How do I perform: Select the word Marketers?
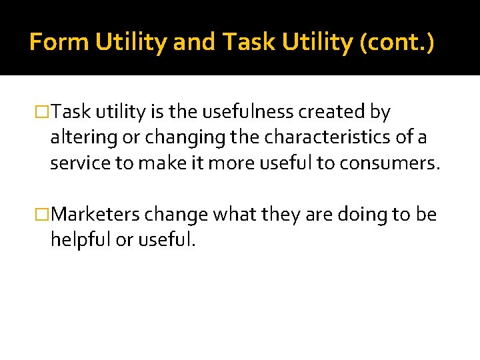(95, 215)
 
